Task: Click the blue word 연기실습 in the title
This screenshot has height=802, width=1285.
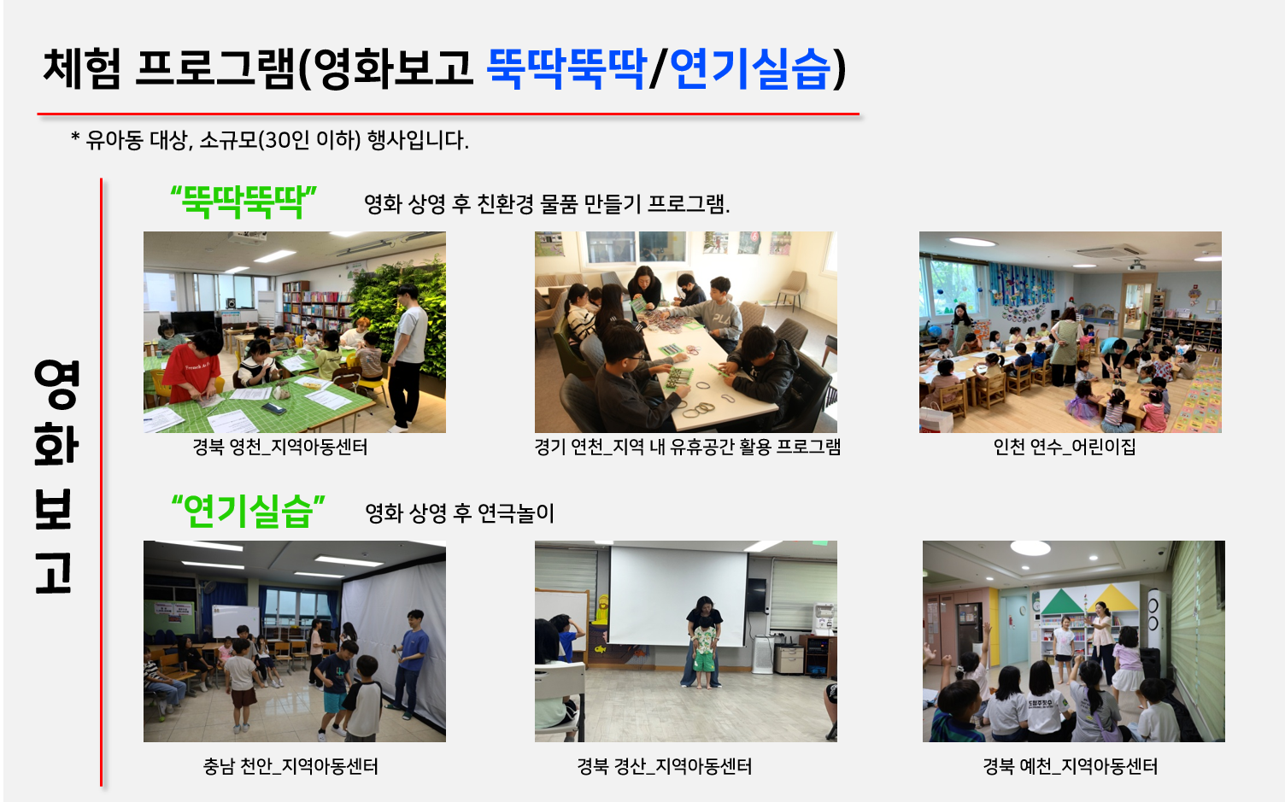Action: coord(750,69)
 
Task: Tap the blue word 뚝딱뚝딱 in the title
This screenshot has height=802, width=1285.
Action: coord(566,69)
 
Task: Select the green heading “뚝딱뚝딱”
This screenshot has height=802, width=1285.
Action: coord(244,202)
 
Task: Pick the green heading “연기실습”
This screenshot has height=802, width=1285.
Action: coord(248,511)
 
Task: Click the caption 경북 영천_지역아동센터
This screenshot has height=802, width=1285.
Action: coord(280,447)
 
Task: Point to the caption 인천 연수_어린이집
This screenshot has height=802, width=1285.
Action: coord(1065,447)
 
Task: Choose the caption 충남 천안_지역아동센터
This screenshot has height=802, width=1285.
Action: coord(290,766)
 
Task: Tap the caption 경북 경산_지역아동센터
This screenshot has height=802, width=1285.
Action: coord(665,766)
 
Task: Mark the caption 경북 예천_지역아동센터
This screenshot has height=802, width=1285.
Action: coord(1071,766)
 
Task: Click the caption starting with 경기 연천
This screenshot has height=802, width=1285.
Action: coord(687,447)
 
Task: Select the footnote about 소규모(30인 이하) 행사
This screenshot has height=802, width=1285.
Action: coord(270,140)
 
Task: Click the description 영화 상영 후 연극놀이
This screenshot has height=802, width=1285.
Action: coord(460,513)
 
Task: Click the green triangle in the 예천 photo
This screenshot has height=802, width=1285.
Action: coord(1062,603)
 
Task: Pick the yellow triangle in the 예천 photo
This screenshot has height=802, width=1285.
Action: coord(1115,600)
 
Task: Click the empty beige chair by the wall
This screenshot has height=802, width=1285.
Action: coord(793,290)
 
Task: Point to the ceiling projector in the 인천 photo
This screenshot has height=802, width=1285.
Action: coord(1136,264)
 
